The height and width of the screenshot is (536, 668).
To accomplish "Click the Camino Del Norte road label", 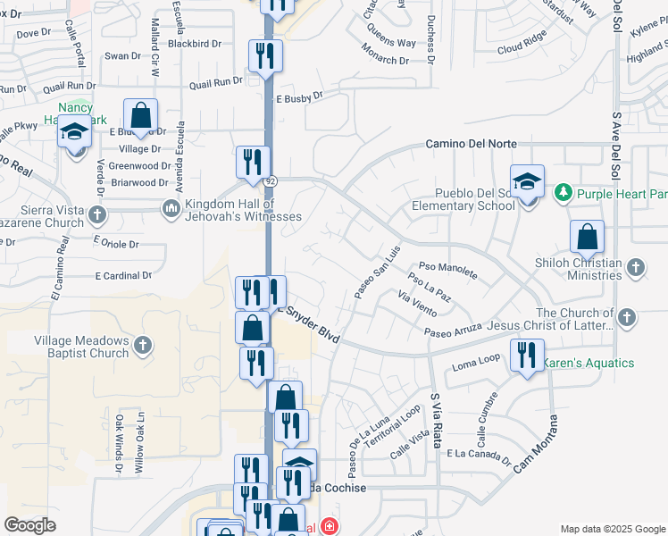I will click(471, 143).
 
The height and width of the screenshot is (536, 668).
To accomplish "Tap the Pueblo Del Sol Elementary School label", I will click(463, 198).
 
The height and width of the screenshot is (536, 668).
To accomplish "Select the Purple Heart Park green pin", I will click(563, 192).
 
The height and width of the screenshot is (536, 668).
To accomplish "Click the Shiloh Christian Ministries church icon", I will click(635, 267).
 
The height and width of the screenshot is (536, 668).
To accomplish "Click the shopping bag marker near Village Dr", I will click(140, 114).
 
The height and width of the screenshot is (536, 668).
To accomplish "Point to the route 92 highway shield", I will click(270, 180).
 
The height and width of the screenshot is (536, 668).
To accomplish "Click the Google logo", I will click(29, 525).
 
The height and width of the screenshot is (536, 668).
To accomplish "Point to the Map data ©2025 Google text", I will click(612, 529).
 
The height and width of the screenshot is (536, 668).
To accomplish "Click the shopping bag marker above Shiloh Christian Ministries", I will click(587, 237).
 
